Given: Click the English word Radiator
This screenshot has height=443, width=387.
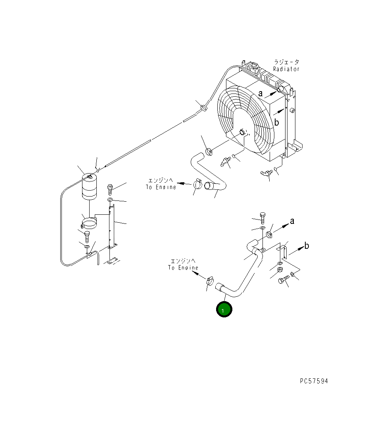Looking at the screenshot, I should [x=286, y=69].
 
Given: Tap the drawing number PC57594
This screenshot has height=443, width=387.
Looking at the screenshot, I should [x=314, y=381].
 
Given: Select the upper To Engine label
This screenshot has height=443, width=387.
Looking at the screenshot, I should [x=161, y=187].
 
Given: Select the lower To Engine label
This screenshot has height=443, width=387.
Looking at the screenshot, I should [x=183, y=267].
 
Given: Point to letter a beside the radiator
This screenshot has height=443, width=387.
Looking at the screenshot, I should [x=261, y=94].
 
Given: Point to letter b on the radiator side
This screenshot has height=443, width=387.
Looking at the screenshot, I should [x=277, y=122].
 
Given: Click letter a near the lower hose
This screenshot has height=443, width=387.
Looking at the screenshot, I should [x=292, y=221].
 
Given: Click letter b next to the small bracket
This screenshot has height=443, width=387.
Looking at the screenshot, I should [x=306, y=246].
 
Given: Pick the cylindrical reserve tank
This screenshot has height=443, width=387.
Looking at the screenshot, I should [x=90, y=187].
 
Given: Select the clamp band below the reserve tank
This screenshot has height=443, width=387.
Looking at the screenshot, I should [x=89, y=221].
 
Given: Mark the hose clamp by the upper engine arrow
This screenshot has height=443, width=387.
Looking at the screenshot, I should [x=198, y=184].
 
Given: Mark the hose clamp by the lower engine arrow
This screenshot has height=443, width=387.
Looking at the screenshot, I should [x=210, y=281].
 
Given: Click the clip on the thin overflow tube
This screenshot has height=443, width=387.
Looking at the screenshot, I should [x=203, y=107].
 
